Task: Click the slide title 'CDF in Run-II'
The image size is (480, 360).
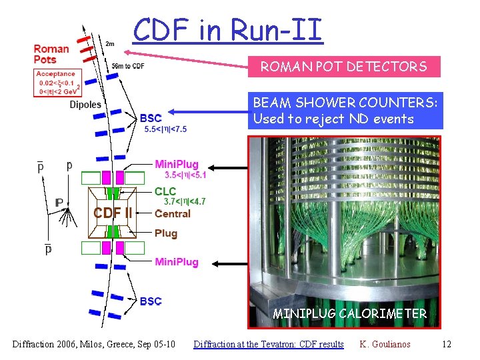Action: tap(227, 29)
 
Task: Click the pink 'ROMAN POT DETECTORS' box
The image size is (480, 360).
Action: tap(344, 66)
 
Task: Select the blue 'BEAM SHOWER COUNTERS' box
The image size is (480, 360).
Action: tap(345, 111)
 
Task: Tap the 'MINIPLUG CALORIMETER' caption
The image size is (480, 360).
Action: tap(349, 313)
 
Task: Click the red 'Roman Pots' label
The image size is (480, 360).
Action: tap(51, 53)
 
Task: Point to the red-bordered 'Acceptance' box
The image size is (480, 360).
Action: tap(57, 83)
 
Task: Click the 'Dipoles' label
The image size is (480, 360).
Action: tap(85, 105)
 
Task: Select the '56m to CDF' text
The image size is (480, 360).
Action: tap(128, 65)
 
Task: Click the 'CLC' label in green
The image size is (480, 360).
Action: tap(165, 192)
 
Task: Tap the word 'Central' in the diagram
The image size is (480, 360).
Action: tap(172, 213)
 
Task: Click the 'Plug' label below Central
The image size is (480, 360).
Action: tap(165, 233)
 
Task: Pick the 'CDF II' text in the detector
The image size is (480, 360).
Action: tap(112, 213)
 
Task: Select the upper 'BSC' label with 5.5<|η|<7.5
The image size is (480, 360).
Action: tap(151, 119)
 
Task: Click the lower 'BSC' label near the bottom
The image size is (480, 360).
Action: tap(151, 301)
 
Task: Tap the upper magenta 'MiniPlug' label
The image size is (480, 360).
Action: tap(176, 165)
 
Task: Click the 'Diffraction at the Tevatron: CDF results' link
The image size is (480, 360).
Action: tap(268, 344)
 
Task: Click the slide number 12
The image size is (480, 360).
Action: tap(446, 344)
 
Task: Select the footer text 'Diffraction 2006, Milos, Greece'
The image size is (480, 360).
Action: tap(93, 344)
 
